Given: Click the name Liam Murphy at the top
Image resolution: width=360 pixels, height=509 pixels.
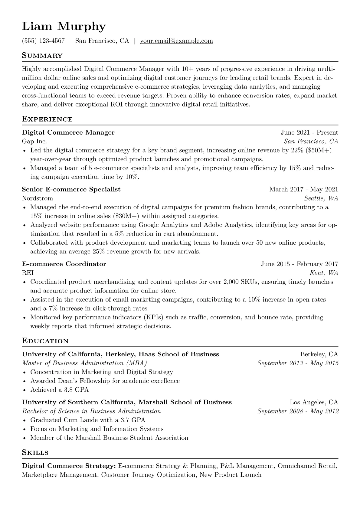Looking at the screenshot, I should tap(64, 27).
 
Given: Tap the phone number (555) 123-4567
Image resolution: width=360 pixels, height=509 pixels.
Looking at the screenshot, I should tap(43, 41).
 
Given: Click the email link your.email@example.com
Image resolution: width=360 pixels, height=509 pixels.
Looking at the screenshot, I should tap(176, 41).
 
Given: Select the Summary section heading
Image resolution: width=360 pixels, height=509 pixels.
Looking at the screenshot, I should tap(42, 56).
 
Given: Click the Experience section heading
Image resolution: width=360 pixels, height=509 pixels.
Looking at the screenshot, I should tap(47, 119).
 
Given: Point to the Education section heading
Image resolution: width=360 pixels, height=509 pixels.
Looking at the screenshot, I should tap(45, 341).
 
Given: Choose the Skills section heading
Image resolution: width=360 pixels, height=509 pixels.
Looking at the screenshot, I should tap(35, 453).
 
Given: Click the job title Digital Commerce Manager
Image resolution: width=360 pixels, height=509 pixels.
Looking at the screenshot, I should tap(68, 132).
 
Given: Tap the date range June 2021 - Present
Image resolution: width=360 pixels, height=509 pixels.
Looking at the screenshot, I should tap(309, 132).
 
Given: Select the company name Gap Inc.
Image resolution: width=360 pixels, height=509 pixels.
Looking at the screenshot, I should tap(34, 141).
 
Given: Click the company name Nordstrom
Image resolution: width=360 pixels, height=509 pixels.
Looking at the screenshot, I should tap(38, 198).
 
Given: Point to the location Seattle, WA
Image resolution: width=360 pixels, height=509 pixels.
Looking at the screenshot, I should tap(321, 198).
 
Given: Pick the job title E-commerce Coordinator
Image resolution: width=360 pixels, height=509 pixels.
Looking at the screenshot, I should tap(64, 264).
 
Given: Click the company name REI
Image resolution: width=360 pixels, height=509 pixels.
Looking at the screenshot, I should tap(28, 273).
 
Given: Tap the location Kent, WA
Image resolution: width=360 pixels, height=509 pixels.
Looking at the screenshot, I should tap(324, 273).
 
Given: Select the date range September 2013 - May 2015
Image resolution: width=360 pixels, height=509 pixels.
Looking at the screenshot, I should tap(298, 363).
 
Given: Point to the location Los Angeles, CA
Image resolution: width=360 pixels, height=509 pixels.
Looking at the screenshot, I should tap(314, 402).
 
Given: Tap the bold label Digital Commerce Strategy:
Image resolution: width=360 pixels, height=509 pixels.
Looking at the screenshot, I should tap(69, 466).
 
